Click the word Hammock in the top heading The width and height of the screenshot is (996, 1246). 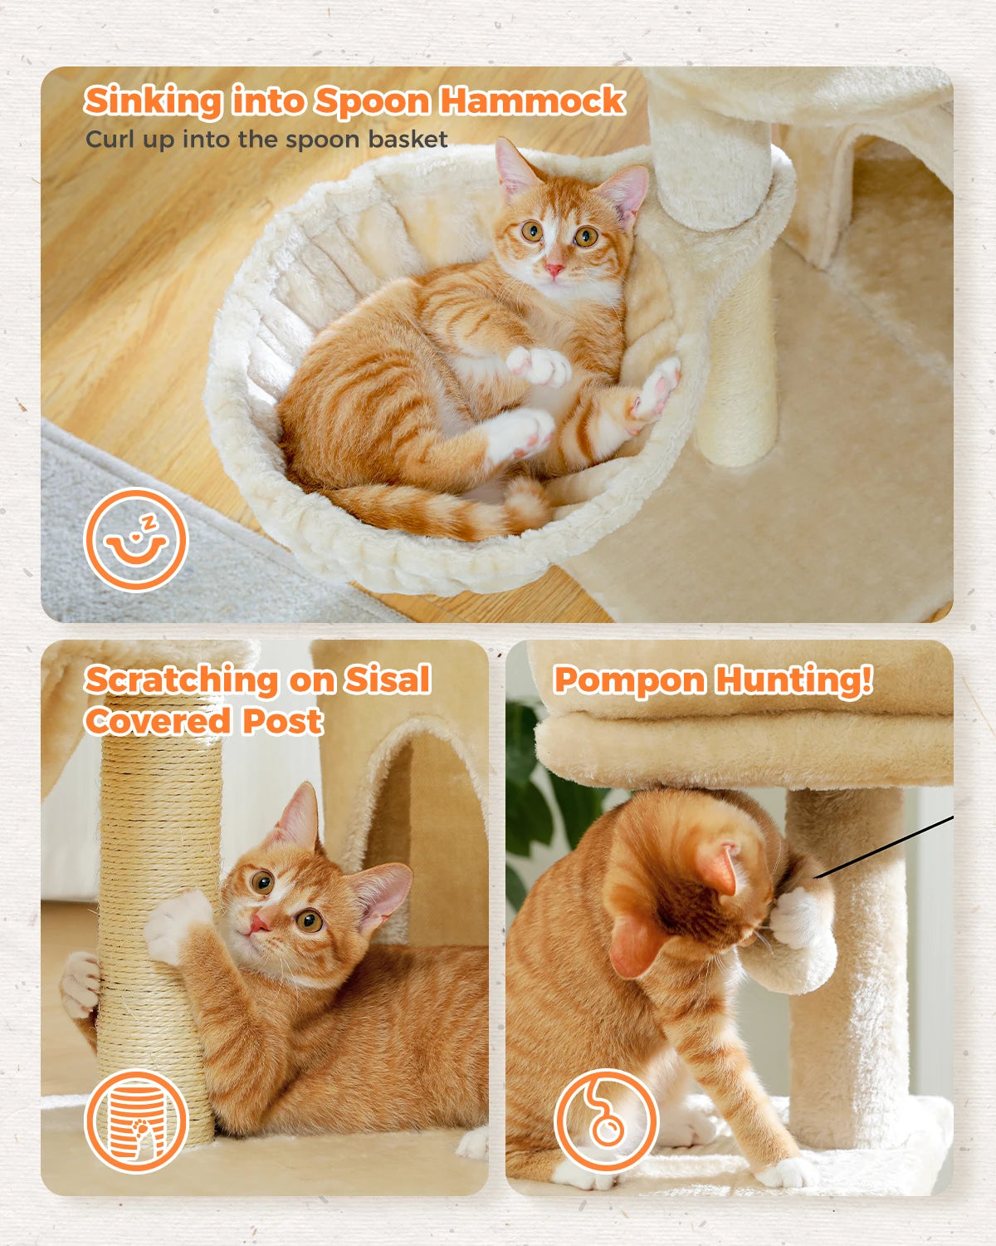[x=532, y=101]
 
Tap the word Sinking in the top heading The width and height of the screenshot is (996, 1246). [x=153, y=101]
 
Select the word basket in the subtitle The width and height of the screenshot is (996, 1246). [x=408, y=139]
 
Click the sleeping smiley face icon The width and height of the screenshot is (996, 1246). [x=135, y=540]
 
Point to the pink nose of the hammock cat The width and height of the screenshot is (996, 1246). [x=554, y=269]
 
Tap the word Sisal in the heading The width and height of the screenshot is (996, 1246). [x=387, y=679]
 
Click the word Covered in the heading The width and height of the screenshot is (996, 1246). [x=158, y=720]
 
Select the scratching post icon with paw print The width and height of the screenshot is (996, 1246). [x=137, y=1122]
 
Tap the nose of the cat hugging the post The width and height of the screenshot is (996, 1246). [x=259, y=921]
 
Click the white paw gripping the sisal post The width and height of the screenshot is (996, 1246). [x=176, y=922]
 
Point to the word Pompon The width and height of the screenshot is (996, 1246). [x=628, y=679]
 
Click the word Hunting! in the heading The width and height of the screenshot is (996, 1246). [x=793, y=679]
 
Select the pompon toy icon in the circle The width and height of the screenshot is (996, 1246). [x=606, y=1120]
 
